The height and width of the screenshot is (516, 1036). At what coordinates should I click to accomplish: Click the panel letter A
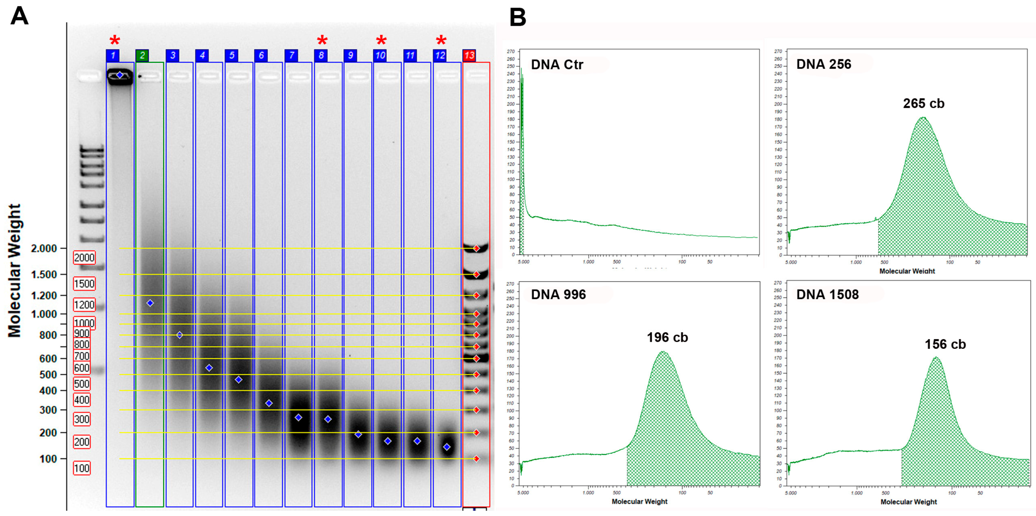(x=19, y=17)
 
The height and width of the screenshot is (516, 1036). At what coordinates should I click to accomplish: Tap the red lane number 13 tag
(x=469, y=56)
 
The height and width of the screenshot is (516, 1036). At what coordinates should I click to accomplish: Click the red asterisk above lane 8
(x=322, y=40)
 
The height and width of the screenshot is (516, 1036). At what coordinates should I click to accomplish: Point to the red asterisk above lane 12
(x=441, y=40)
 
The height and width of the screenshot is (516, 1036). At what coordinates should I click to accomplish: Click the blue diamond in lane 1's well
(x=120, y=75)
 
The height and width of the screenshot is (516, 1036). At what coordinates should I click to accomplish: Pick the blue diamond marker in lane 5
(x=239, y=380)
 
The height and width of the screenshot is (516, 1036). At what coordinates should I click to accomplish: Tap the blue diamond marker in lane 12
(x=447, y=447)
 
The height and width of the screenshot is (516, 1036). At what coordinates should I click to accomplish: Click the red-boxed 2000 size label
(x=84, y=257)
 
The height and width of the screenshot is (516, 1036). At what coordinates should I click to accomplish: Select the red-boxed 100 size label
(x=82, y=468)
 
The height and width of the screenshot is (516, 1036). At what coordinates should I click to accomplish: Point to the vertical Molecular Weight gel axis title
(x=15, y=271)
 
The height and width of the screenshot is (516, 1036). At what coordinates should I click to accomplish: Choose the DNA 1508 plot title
(x=827, y=294)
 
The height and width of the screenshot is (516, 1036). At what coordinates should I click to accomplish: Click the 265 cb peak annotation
(x=924, y=104)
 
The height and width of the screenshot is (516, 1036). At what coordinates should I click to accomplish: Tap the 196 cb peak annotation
(x=667, y=337)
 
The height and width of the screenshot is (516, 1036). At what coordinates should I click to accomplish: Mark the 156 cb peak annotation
(x=945, y=345)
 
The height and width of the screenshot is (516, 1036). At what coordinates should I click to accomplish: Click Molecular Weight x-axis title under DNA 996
(x=639, y=501)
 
